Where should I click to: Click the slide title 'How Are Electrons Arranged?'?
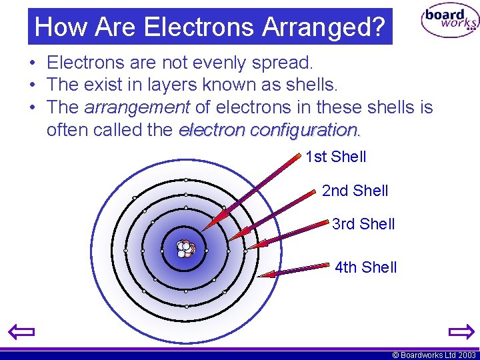click(x=210, y=27)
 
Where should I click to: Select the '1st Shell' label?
click(x=335, y=157)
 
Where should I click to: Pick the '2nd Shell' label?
click(x=355, y=191)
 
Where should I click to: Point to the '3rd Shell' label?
click(x=363, y=224)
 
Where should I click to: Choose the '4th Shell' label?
click(x=365, y=267)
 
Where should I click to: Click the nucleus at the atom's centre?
click(x=185, y=249)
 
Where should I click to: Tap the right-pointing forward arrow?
click(x=460, y=331)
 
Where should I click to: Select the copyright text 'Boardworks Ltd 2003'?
click(x=434, y=355)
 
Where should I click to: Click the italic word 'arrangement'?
click(x=137, y=107)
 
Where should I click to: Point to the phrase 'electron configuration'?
click(x=269, y=129)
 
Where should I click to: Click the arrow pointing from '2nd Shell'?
click(x=271, y=215)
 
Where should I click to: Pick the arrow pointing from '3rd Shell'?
click(x=290, y=235)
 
